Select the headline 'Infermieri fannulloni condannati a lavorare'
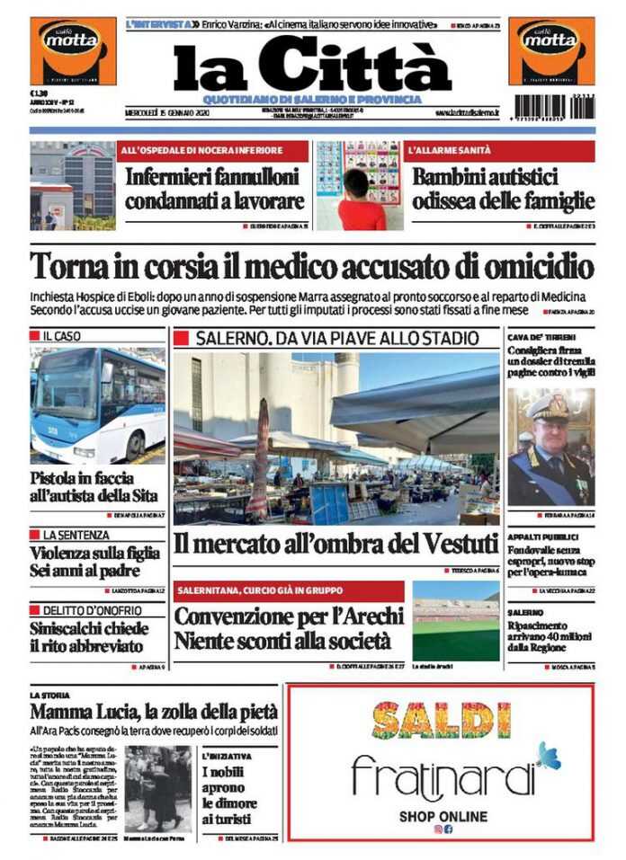(x=215, y=189)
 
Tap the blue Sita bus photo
(x=97, y=404)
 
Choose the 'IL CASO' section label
(x=63, y=335)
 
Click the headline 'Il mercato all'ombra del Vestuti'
(x=335, y=544)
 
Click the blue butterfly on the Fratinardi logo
(x=547, y=755)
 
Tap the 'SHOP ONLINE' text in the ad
(x=443, y=817)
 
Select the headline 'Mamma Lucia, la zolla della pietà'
(x=154, y=712)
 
